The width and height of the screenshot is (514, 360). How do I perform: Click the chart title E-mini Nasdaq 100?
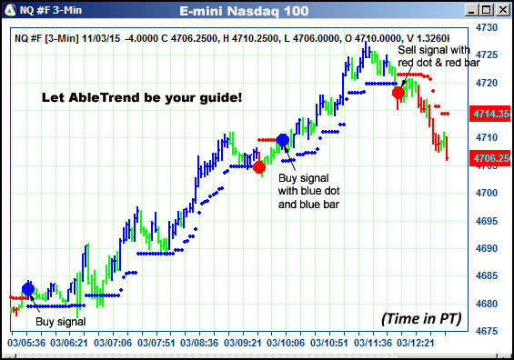(257, 11)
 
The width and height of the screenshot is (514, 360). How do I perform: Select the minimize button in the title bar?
(471, 11)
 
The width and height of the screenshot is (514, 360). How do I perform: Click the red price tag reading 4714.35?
(489, 115)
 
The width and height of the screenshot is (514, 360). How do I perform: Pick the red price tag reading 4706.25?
(489, 158)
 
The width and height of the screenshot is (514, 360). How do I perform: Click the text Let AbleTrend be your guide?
(143, 96)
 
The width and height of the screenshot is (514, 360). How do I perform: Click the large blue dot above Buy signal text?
(28, 289)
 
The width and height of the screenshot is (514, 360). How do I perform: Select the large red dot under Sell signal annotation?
(398, 93)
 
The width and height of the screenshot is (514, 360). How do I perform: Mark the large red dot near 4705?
(259, 167)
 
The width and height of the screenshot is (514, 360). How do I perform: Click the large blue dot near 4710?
(282, 140)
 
